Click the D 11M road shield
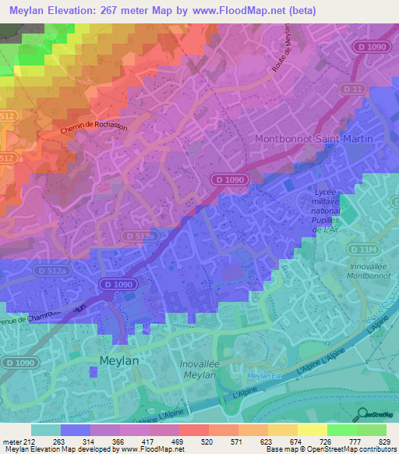point(361,248)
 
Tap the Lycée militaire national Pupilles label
point(322,207)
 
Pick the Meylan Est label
point(263,376)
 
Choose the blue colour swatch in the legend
point(76,429)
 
